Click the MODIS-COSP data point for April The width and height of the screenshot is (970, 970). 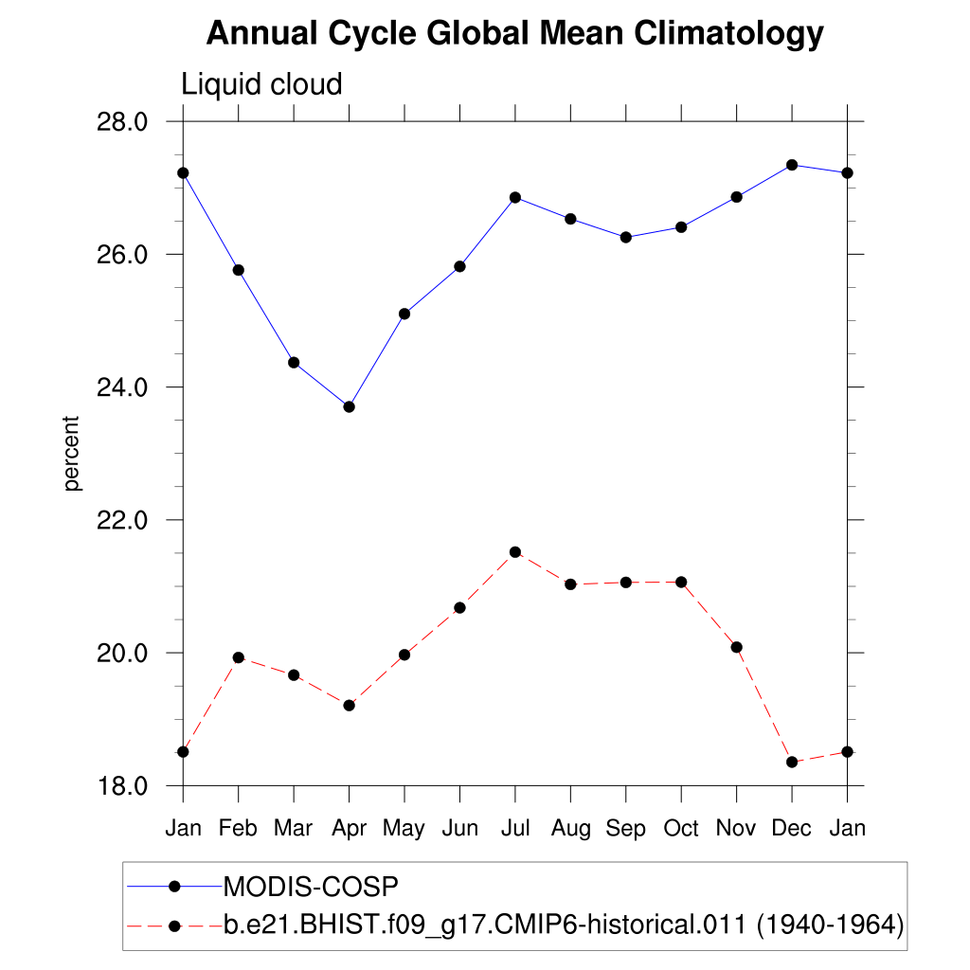click(x=349, y=407)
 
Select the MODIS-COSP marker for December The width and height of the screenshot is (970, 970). click(x=792, y=165)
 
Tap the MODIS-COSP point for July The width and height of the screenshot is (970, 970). click(x=515, y=197)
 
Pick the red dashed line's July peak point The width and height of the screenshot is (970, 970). click(x=515, y=552)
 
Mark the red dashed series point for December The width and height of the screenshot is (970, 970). click(x=792, y=762)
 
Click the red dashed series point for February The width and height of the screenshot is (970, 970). click(x=238, y=657)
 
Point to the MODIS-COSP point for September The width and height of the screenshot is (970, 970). click(x=626, y=237)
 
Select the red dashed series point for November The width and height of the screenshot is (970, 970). click(x=736, y=647)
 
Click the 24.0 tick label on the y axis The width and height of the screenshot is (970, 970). click(x=125, y=387)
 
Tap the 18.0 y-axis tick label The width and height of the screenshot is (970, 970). click(x=125, y=786)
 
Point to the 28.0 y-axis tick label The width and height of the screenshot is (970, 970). click(x=125, y=122)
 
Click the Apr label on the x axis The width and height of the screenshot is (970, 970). click(x=349, y=829)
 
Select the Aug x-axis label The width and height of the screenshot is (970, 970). click(x=570, y=829)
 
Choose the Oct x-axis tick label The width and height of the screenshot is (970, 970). click(x=681, y=829)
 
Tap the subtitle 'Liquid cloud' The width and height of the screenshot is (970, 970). click(x=261, y=85)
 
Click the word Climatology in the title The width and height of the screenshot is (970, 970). click(x=728, y=34)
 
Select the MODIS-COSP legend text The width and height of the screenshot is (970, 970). click(x=311, y=887)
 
